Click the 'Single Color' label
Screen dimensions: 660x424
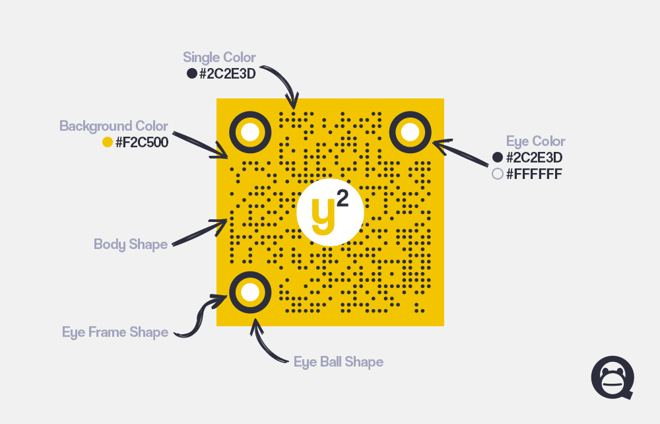pos(219,57)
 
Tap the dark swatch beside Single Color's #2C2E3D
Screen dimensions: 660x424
pos(192,74)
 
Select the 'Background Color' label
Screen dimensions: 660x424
pos(114,126)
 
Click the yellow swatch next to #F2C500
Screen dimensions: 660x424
pos(108,142)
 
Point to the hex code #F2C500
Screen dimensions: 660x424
pos(142,142)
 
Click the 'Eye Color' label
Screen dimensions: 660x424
pos(535,141)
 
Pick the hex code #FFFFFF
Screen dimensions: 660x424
pos(534,174)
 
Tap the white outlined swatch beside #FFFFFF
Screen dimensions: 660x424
pos(498,174)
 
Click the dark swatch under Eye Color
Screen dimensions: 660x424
pos(498,157)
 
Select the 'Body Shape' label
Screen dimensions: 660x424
pos(131,244)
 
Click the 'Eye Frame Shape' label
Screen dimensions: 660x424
pos(115,332)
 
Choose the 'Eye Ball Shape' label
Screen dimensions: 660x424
pos(339,362)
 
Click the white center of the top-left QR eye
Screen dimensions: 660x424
pos(250,132)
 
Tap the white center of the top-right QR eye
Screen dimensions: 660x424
pos(411,132)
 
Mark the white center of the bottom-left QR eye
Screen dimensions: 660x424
pos(250,293)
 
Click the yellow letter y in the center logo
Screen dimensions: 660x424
pos(323,215)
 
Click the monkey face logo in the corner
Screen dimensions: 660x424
pos(612,378)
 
